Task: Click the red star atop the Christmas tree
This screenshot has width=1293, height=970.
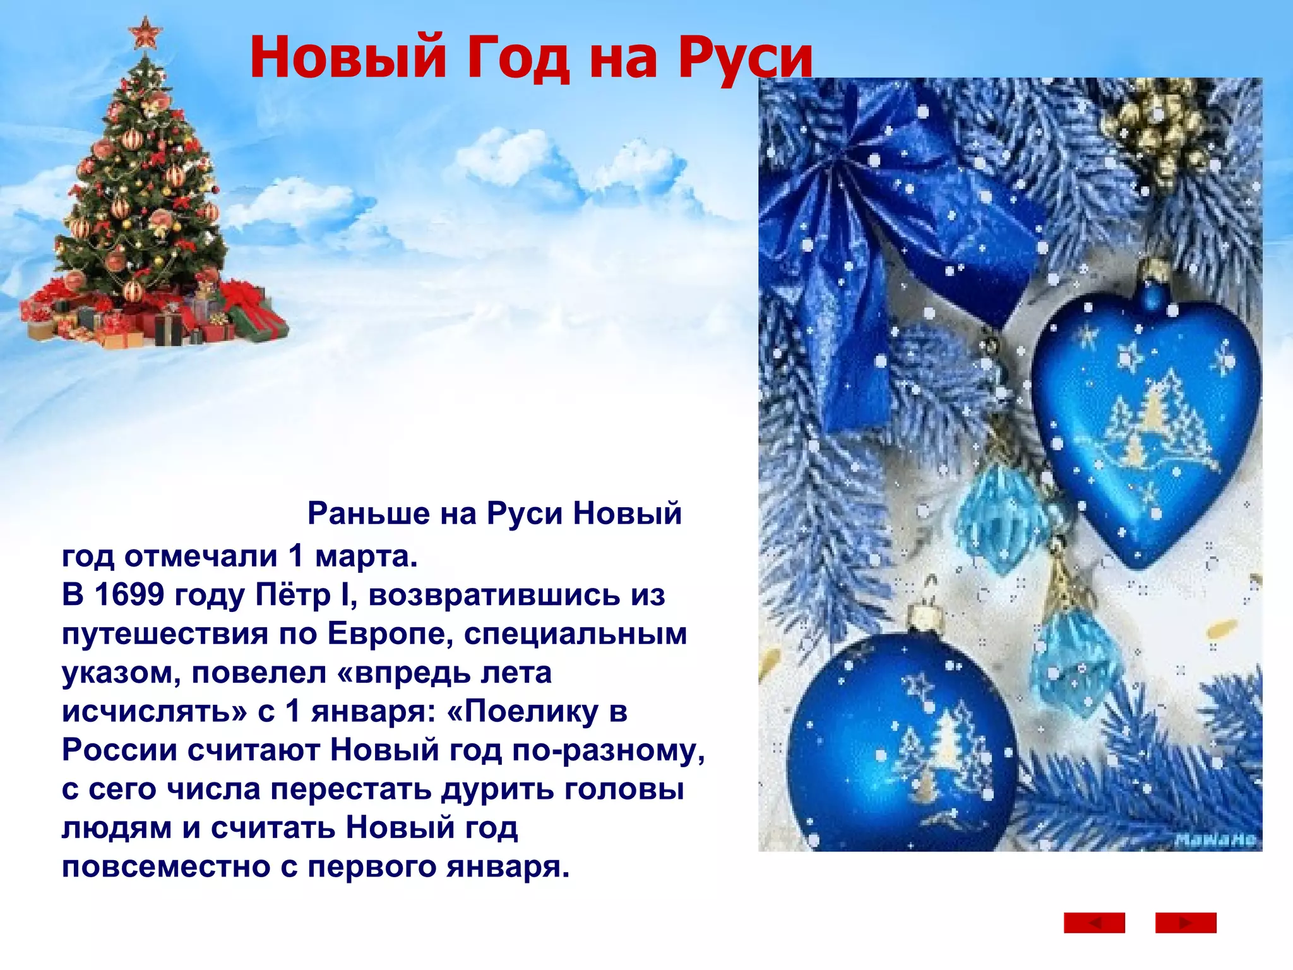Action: (145, 32)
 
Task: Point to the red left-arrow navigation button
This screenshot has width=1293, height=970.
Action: (1094, 923)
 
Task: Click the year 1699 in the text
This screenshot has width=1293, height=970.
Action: (129, 595)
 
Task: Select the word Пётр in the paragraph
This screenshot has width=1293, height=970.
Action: (293, 595)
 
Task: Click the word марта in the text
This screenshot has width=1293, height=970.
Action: (366, 556)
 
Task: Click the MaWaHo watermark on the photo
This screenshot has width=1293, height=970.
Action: (1215, 840)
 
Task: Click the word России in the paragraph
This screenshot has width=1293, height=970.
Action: (119, 750)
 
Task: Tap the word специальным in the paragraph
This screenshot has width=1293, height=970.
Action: (575, 634)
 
